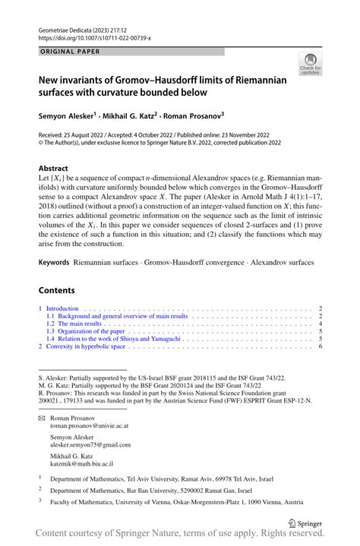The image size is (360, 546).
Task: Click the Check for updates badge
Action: tap(309, 66)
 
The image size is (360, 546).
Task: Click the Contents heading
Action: tap(57, 290)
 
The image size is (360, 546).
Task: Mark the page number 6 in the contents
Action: tap(321, 346)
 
